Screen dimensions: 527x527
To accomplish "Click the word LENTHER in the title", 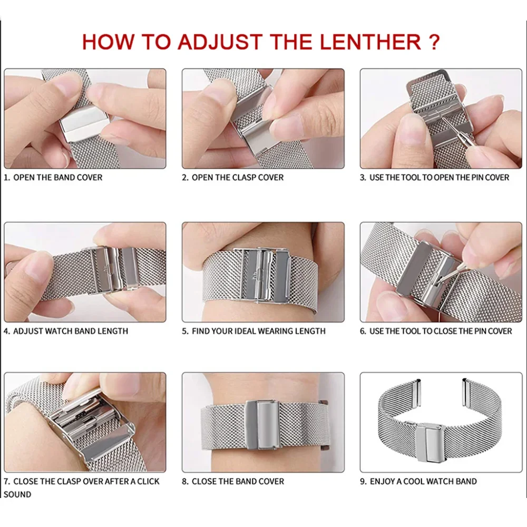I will (362, 42).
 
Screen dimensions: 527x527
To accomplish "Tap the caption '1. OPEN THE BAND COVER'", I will (53, 178).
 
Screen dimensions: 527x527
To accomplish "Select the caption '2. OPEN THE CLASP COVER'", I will (232, 178).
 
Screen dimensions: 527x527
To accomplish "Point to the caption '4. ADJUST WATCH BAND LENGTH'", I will (66, 331).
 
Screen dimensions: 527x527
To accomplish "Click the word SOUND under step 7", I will (17, 494).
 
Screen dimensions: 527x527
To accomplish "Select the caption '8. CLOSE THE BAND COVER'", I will (232, 481).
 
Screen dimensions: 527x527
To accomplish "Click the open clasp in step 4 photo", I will (108, 269).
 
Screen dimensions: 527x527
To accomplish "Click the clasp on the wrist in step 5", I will (261, 274).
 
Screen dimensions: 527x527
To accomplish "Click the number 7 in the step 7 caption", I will (6, 481).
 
